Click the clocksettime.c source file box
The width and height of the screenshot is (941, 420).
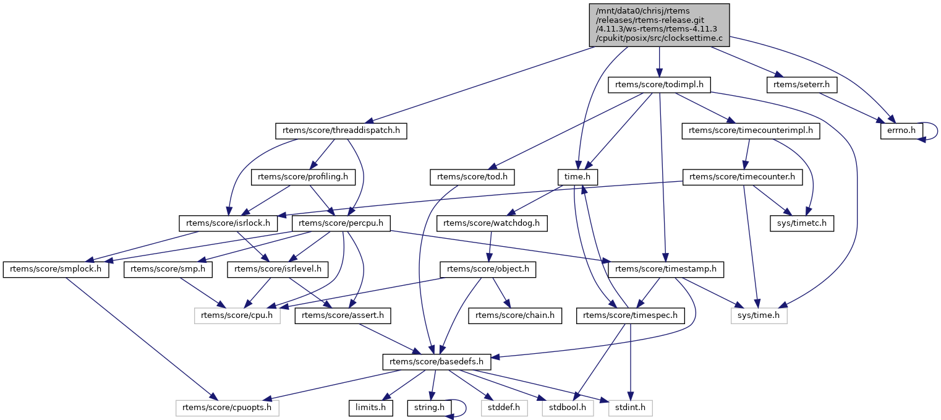pyautogui.click(x=660, y=24)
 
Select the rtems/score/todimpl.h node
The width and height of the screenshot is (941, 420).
pyautogui.click(x=660, y=85)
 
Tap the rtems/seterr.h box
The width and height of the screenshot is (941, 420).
pyautogui.click(x=797, y=85)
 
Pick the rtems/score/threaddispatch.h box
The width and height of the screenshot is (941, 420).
pyautogui.click(x=341, y=131)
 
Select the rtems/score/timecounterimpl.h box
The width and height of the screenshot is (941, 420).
pyautogui.click(x=751, y=131)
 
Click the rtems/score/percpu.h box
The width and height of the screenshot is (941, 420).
pyautogui.click(x=342, y=223)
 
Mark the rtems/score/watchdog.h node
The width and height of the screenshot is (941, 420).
pyautogui.click(x=492, y=223)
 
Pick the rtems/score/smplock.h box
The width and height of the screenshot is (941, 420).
pyautogui.click(x=56, y=270)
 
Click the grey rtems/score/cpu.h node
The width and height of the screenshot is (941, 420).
pyautogui.click(x=237, y=315)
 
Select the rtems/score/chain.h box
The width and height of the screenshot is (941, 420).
pyautogui.click(x=516, y=315)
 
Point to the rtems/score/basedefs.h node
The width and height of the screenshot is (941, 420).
pyautogui.click(x=436, y=362)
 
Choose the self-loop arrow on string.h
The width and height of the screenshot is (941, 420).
pyautogui.click(x=461, y=408)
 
